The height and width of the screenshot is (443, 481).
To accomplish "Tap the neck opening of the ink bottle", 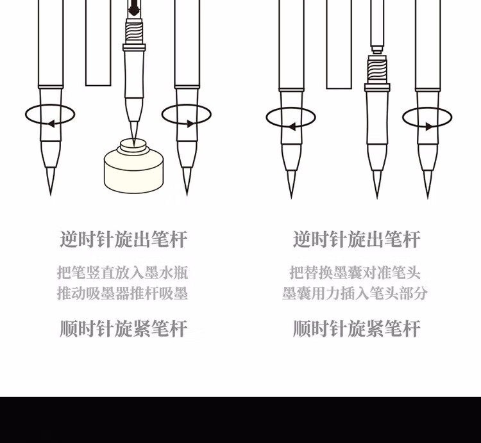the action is [x=133, y=143].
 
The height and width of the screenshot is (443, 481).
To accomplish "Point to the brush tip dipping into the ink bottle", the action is [x=134, y=134].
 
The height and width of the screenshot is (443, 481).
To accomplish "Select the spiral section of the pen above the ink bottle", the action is [x=134, y=31].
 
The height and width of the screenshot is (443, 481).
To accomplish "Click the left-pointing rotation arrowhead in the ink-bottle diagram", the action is [x=51, y=124].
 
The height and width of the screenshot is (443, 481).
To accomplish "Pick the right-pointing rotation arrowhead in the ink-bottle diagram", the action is [x=190, y=124].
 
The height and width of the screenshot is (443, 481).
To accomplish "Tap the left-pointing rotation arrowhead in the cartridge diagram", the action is [x=292, y=127].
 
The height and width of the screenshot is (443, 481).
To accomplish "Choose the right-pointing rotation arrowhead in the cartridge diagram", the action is [x=429, y=126].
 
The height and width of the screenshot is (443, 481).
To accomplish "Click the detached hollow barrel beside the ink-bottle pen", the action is [x=98, y=43].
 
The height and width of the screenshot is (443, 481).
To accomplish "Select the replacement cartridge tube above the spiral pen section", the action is [x=377, y=26].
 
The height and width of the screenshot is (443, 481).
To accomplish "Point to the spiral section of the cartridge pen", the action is [x=377, y=68].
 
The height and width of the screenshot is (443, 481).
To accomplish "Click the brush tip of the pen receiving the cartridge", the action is [x=377, y=184].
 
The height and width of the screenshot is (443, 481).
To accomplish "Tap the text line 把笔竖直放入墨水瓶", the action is [x=122, y=273].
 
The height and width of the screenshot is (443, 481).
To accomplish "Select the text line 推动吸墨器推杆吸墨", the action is [x=122, y=293].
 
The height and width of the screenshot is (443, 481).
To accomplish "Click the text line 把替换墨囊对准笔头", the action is [x=355, y=273].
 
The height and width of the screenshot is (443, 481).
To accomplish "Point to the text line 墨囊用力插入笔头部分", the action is [x=355, y=293].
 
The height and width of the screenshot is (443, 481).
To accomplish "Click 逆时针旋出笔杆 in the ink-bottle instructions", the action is [x=123, y=239].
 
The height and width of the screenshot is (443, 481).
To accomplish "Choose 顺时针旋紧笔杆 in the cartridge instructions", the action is [x=357, y=329].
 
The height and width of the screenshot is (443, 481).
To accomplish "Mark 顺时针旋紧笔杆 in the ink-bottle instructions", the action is [x=123, y=329].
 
